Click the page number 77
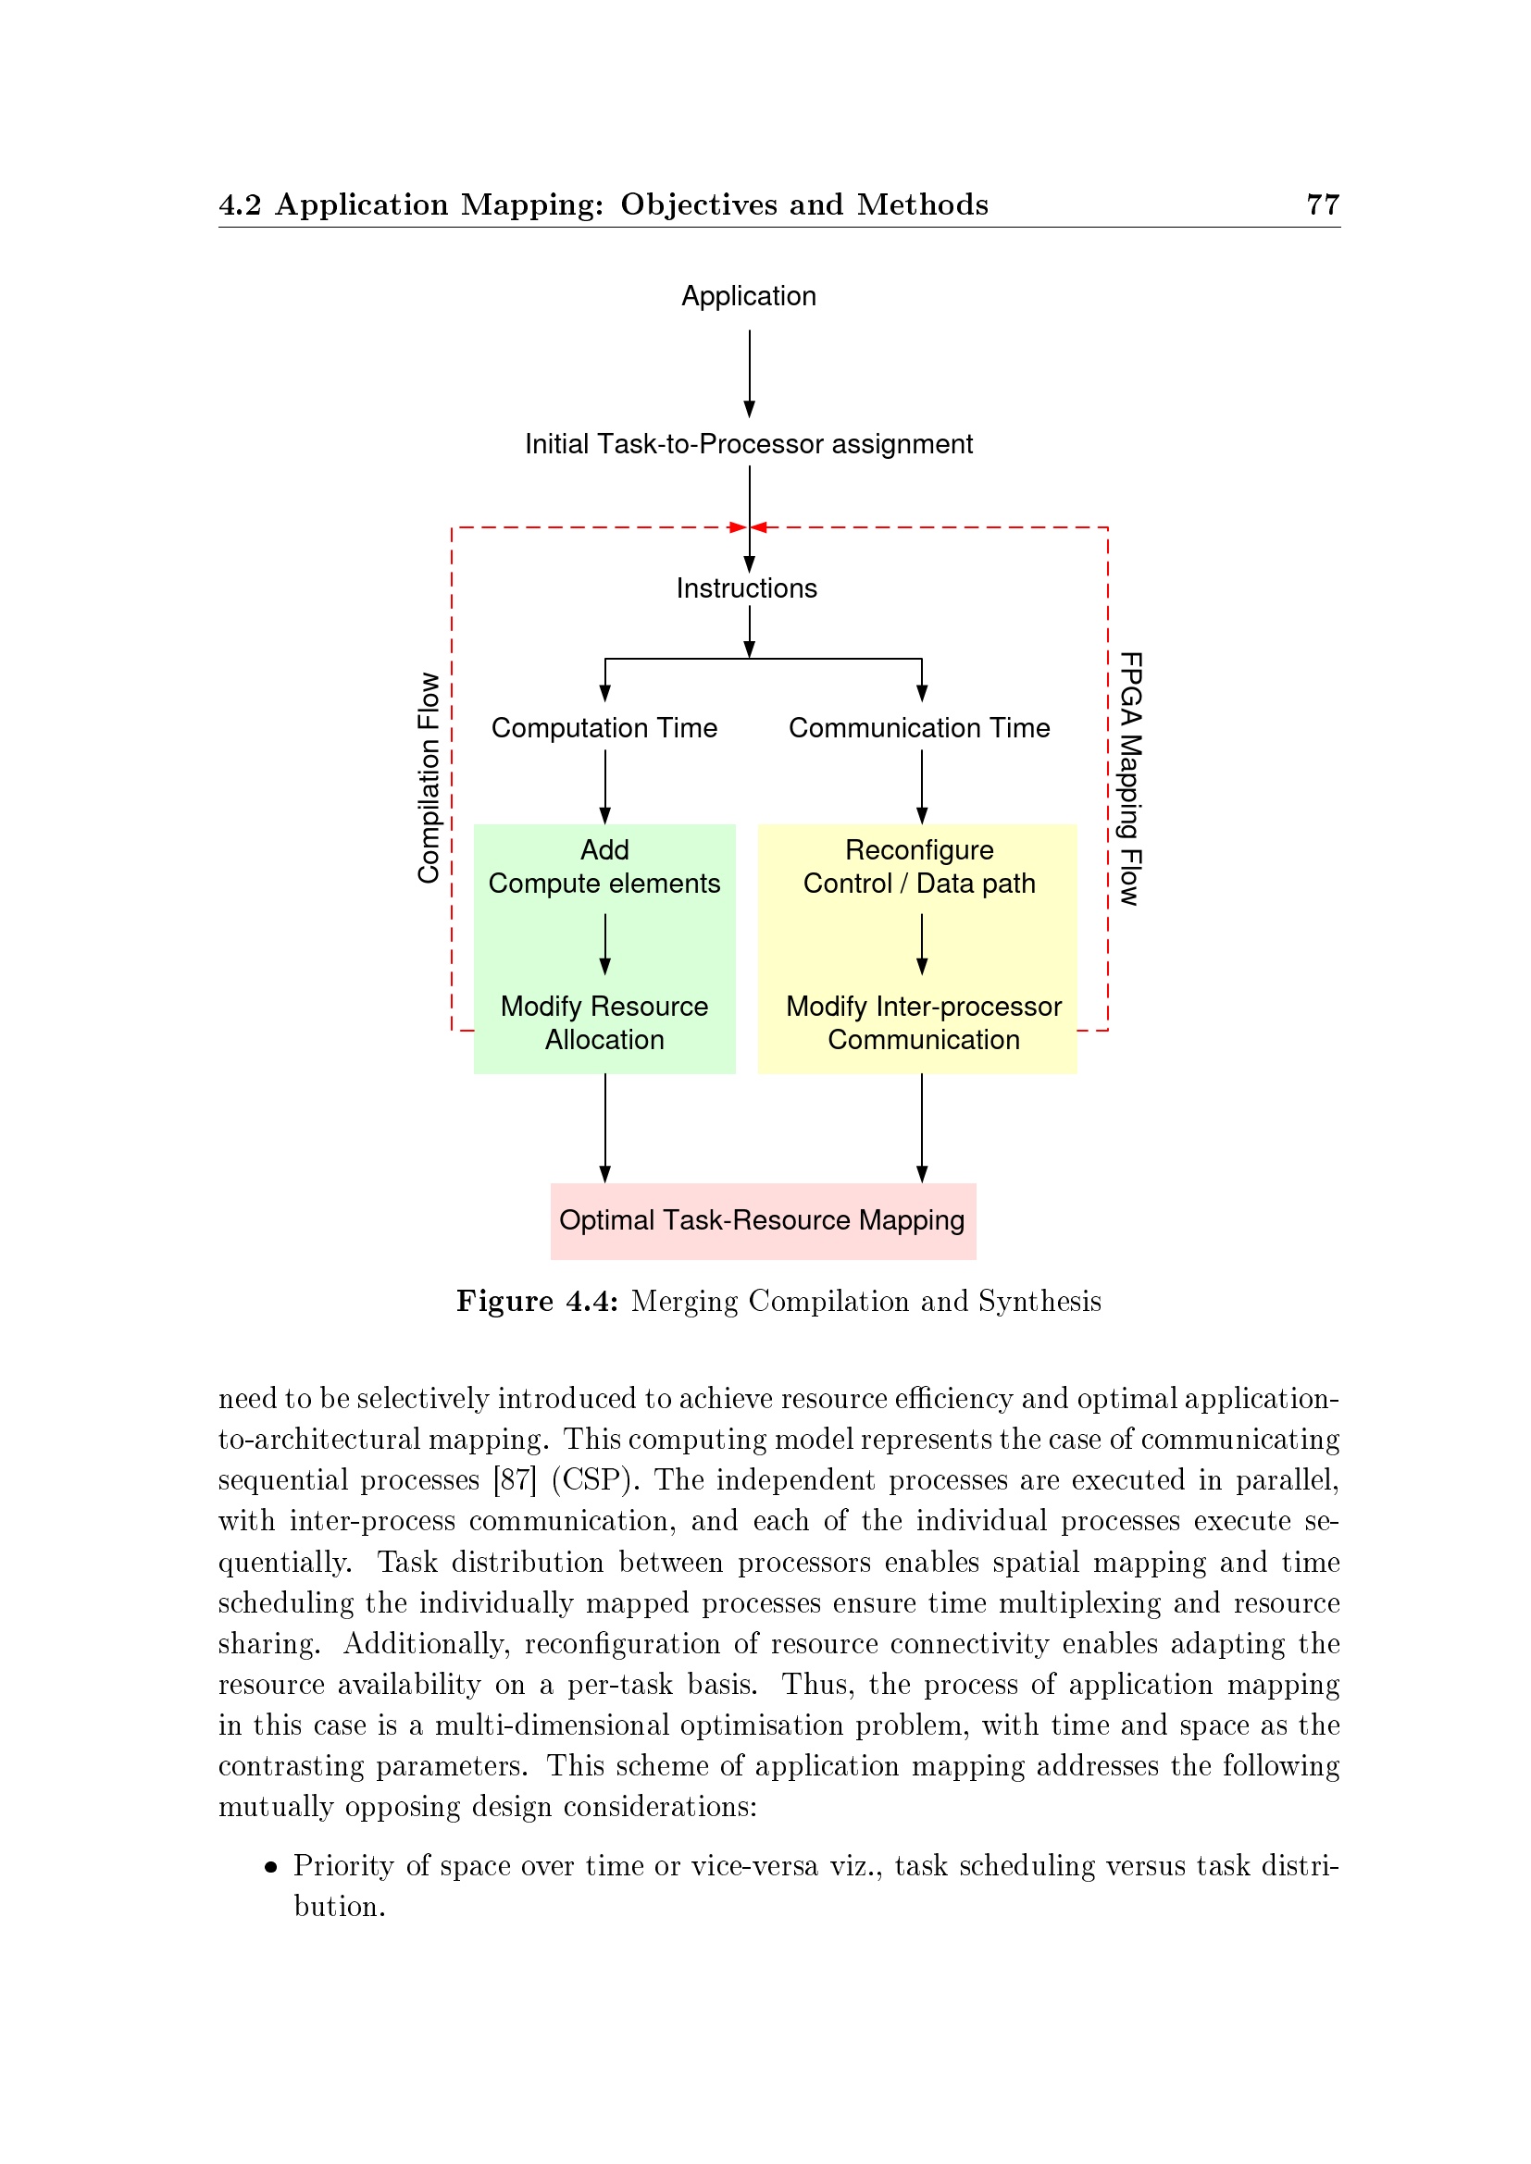[1322, 204]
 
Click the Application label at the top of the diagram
[749, 296]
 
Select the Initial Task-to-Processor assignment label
[749, 444]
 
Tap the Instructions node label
[747, 588]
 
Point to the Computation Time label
[604, 727]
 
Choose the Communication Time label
[919, 727]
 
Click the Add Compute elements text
[604, 867]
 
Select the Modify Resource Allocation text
[604, 1022]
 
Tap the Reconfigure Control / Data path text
[919, 867]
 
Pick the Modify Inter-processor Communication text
[923, 1022]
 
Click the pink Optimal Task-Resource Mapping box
[763, 1220]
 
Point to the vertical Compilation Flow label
[429, 778]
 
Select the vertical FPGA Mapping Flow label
[1129, 778]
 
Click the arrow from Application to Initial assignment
[750, 373]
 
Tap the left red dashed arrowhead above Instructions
[738, 527]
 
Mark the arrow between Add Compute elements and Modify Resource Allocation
[605, 945]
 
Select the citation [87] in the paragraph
[515, 1479]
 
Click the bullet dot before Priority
[271, 1866]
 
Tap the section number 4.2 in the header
[240, 204]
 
